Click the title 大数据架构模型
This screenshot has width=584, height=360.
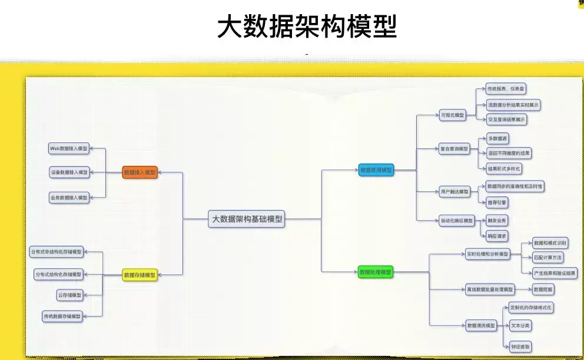click(307, 26)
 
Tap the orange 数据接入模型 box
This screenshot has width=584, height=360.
click(140, 172)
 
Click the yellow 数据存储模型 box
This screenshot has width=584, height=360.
click(140, 275)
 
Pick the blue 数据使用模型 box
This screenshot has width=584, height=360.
click(376, 170)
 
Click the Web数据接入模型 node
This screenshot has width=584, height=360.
click(69, 149)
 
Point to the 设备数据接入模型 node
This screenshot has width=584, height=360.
click(69, 172)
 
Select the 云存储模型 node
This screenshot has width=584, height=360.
click(69, 294)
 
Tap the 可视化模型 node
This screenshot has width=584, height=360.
click(452, 115)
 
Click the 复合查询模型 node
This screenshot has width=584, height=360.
click(454, 149)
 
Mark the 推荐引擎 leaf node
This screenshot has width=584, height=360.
click(497, 202)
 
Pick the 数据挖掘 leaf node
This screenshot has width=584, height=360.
click(543, 289)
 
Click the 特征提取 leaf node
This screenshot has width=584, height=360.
click(520, 347)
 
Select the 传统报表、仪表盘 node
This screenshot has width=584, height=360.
click(506, 89)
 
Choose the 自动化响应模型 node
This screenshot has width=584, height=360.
click(457, 221)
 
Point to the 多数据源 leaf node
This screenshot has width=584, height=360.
click(497, 138)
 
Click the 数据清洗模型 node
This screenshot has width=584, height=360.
click(480, 325)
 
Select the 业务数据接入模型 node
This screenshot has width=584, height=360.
click(69, 198)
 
